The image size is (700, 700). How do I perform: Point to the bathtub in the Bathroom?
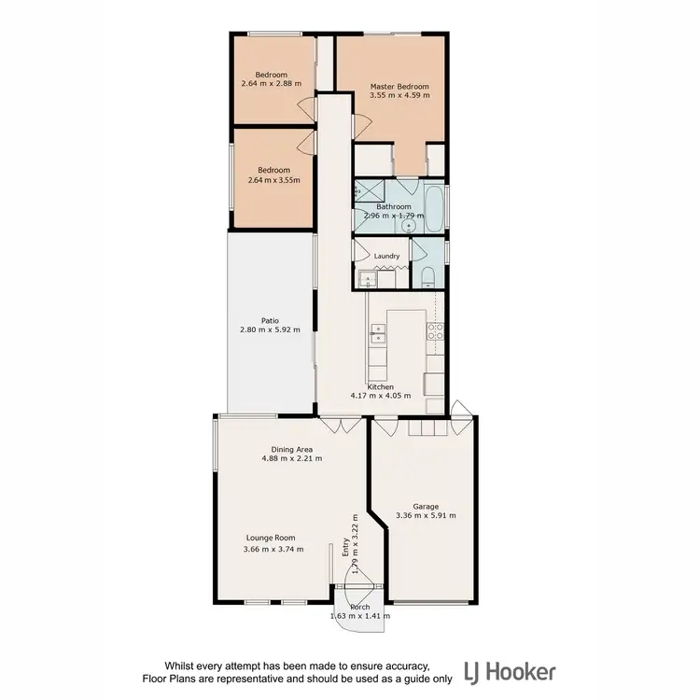(435, 210)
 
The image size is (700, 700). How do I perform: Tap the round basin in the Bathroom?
(381, 225)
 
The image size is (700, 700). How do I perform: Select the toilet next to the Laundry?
(427, 275)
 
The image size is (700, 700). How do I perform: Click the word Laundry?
(386, 256)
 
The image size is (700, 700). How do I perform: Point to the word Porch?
(358, 607)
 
